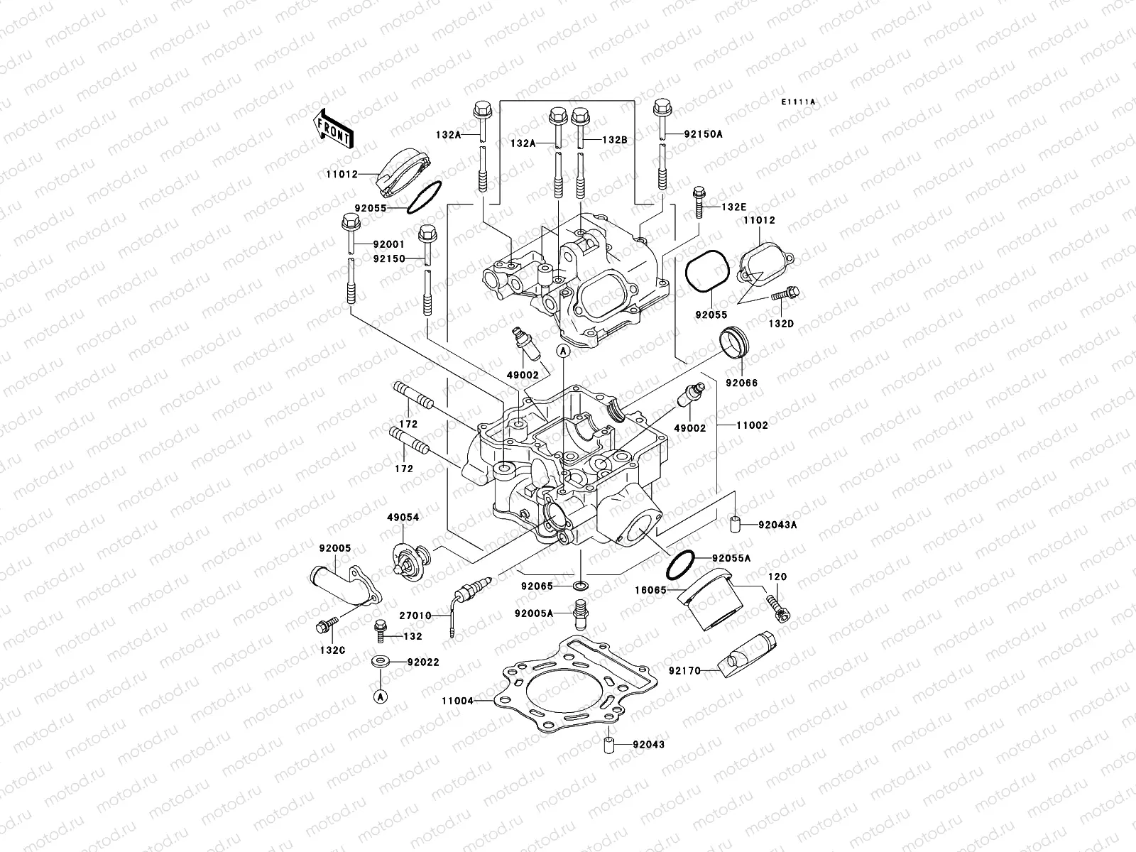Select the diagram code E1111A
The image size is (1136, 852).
pos(798,102)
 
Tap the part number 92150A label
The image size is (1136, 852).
pos(703,133)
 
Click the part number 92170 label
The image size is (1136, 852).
pos(684,669)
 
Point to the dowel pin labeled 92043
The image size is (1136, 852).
pos(608,745)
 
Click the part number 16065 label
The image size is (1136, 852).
pos(650,589)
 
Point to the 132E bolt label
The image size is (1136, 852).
pos(734,207)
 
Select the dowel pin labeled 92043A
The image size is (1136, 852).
pos(736,525)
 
